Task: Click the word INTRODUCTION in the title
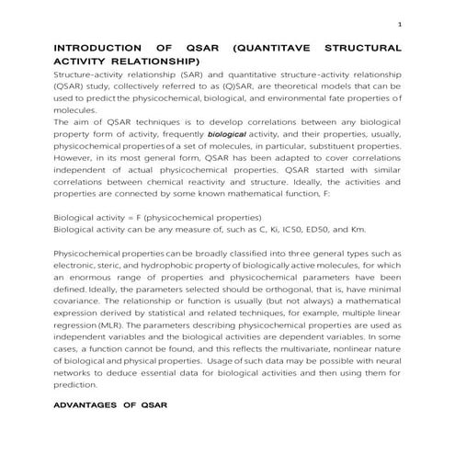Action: tap(96, 46)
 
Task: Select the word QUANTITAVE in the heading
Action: tap(275, 46)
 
